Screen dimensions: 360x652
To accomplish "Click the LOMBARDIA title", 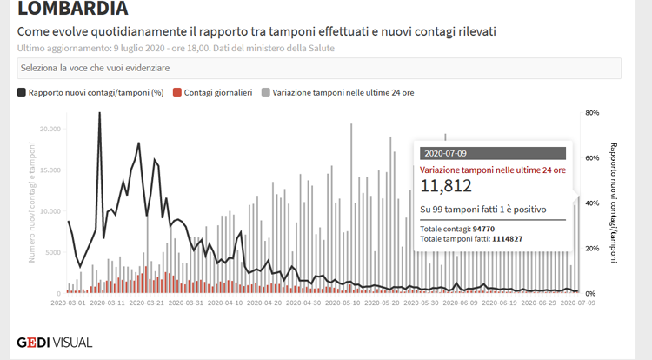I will pyautogui.click(x=72, y=10).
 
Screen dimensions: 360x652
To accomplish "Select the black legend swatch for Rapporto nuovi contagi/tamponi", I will pyautogui.click(x=21, y=91).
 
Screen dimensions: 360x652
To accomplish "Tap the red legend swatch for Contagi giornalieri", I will pyautogui.click(x=177, y=91).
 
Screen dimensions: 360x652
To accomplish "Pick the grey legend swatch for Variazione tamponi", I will pyautogui.click(x=265, y=91).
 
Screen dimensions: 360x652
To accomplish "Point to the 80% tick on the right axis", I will pyautogui.click(x=594, y=113).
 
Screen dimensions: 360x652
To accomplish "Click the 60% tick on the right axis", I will pyautogui.click(x=594, y=158).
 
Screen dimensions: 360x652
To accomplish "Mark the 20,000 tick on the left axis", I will pyautogui.click(x=50, y=129).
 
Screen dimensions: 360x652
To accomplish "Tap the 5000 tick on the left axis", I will pyautogui.click(x=54, y=252).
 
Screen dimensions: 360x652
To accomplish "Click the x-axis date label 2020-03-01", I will pyautogui.click(x=69, y=303).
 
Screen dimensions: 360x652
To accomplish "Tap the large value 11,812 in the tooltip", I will pyautogui.click(x=446, y=185).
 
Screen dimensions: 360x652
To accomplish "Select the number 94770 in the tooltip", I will pyautogui.click(x=482, y=228).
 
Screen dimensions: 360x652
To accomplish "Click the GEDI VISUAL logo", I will pyautogui.click(x=55, y=342).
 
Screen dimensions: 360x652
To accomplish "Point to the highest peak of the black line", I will pyautogui.click(x=100, y=114).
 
